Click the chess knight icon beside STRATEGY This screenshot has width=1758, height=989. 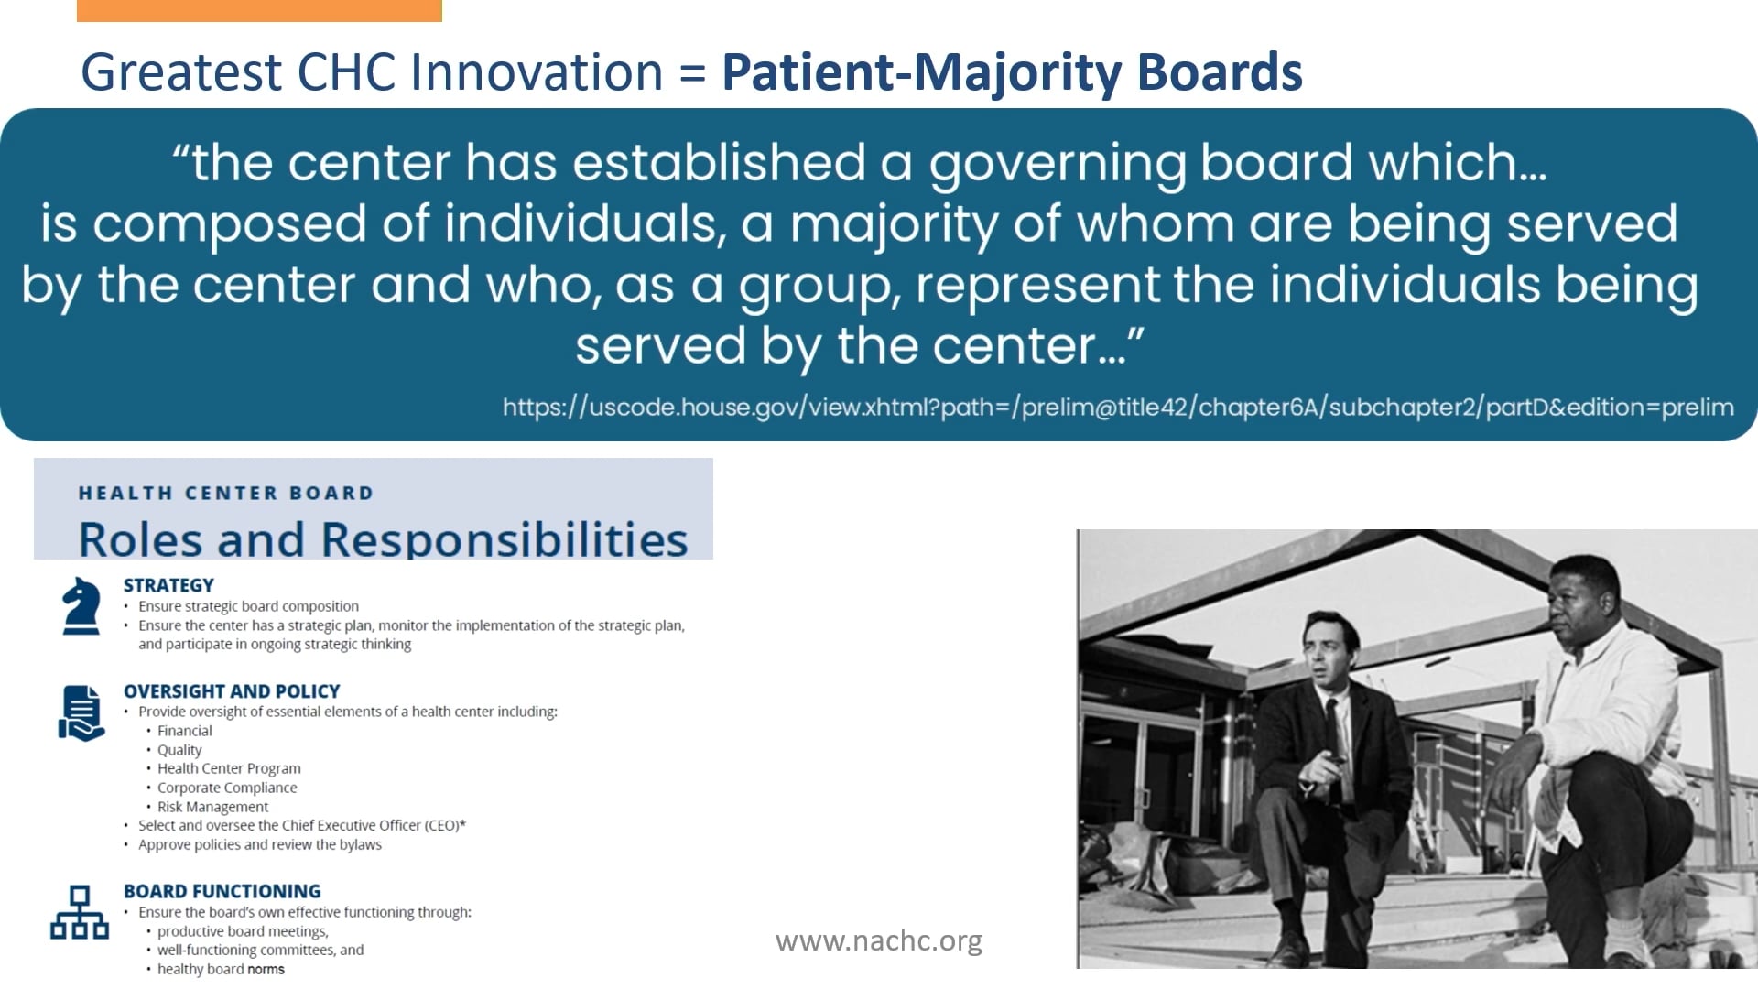coord(81,605)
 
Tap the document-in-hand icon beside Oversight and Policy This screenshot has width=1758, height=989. coord(81,712)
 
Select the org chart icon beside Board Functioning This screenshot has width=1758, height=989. coord(80,912)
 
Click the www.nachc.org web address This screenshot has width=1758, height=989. coord(879,940)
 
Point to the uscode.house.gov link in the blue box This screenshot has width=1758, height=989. coord(1118,407)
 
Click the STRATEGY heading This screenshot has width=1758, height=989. coord(168,585)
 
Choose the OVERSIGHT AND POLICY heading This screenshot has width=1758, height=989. coord(232,691)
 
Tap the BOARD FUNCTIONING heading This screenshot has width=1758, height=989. coord(222,891)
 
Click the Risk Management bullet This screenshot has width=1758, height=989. coord(212,807)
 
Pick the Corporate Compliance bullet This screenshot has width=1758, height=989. coord(227,788)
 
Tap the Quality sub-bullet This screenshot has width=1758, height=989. coord(179,750)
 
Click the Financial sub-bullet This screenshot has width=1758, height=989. coord(184,731)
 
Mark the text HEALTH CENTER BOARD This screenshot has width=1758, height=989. coord(226,493)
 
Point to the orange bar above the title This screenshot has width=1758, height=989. coord(259,10)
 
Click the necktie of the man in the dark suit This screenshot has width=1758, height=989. coord(1335,733)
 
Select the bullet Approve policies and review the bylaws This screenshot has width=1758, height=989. coord(260,844)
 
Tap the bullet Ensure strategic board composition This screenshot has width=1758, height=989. coord(248,606)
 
